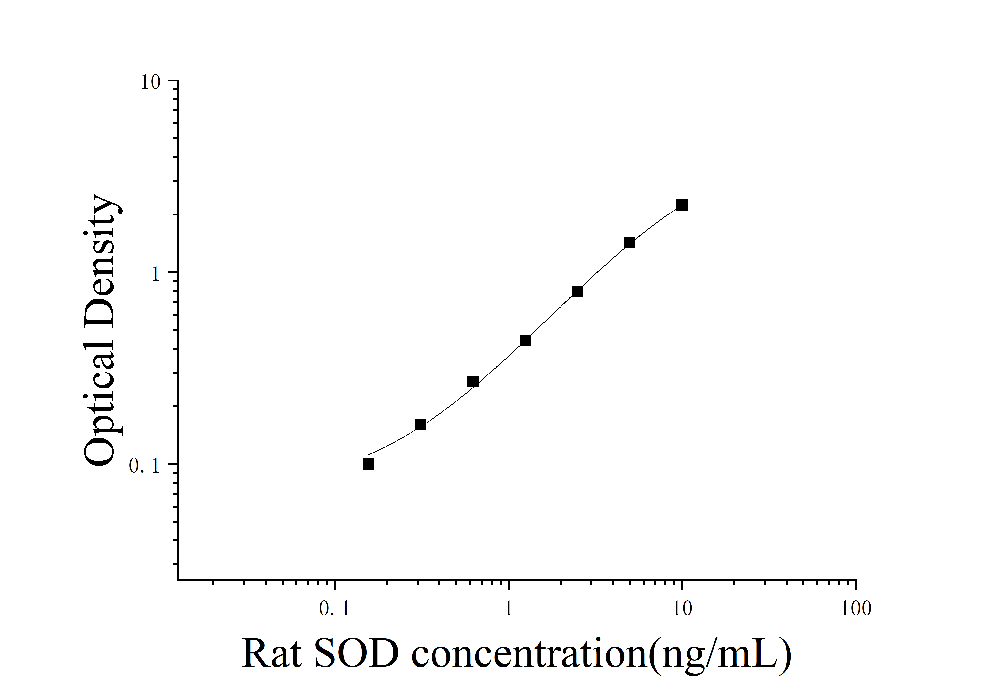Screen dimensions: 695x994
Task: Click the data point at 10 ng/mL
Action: (x=682, y=205)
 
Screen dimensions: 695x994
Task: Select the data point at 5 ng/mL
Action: (x=630, y=243)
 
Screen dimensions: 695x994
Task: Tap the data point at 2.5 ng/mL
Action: (x=577, y=292)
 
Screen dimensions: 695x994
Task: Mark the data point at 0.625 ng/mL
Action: (x=473, y=381)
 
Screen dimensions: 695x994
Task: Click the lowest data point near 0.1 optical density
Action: (x=368, y=464)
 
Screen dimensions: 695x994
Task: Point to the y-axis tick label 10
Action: (x=150, y=82)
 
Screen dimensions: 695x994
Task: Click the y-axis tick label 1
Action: (x=155, y=274)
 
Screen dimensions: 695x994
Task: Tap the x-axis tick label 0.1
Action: (x=334, y=609)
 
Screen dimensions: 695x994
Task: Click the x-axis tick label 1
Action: (x=508, y=609)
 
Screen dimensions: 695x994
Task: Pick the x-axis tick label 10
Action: (x=682, y=609)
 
